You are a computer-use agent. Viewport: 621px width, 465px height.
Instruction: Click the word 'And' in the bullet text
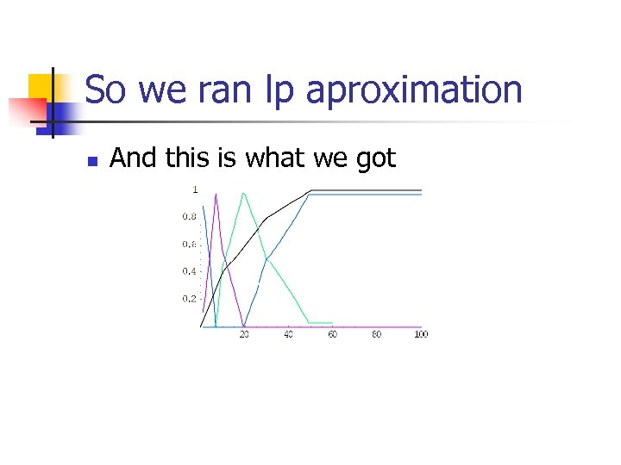[132, 158]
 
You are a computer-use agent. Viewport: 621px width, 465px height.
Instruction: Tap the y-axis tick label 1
[195, 189]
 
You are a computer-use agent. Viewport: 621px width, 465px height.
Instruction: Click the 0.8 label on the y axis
[188, 216]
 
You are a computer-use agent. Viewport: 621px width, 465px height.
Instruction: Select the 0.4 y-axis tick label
[188, 271]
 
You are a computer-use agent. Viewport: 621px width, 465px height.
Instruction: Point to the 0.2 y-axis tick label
[188, 299]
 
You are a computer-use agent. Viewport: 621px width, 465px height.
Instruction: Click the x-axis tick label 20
[244, 334]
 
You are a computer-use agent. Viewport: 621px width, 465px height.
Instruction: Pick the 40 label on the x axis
[288, 334]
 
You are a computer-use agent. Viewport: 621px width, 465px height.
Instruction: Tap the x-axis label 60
[332, 334]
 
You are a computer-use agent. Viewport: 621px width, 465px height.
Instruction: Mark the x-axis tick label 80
[376, 334]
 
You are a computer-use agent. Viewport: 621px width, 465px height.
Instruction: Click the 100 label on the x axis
[420, 334]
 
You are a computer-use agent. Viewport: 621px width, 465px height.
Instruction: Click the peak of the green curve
[244, 193]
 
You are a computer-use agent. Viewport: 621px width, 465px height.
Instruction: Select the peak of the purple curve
[216, 194]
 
